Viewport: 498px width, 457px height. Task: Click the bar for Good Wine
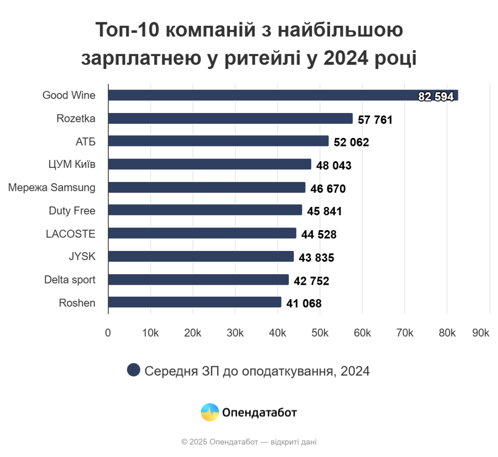pyautogui.click(x=283, y=95)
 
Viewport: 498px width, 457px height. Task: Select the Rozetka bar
pyautogui.click(x=230, y=118)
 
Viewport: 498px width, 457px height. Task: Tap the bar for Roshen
pyautogui.click(x=195, y=303)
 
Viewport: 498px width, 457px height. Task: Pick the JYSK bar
pyautogui.click(x=201, y=256)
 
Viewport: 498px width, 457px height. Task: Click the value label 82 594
pyautogui.click(x=436, y=97)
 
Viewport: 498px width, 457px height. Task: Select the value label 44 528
pyautogui.click(x=319, y=235)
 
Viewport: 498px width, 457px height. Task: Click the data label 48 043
pyautogui.click(x=334, y=166)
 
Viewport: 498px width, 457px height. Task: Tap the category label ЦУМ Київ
pyautogui.click(x=72, y=164)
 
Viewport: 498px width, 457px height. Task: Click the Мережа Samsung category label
pyautogui.click(x=52, y=187)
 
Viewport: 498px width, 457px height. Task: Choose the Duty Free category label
pyautogui.click(x=72, y=210)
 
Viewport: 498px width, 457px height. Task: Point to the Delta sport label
pyautogui.click(x=70, y=279)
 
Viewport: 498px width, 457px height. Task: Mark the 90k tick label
pyautogui.click(x=481, y=333)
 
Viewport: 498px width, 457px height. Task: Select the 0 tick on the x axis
pyautogui.click(x=108, y=333)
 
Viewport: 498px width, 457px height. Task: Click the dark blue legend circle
pyautogui.click(x=134, y=370)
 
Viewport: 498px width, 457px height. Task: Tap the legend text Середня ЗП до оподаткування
pyautogui.click(x=257, y=371)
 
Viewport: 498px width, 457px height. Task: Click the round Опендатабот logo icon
pyautogui.click(x=210, y=413)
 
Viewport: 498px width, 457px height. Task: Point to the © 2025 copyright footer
pyautogui.click(x=249, y=442)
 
